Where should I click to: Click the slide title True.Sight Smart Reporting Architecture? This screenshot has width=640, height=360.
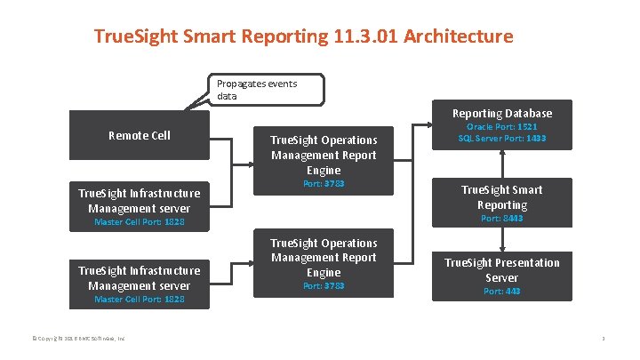303,37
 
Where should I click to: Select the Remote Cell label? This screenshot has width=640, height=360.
139,135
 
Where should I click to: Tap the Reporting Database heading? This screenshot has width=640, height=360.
501,113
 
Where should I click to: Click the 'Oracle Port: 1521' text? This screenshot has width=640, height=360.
502,127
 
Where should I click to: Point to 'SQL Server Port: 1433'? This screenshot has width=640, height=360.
502,139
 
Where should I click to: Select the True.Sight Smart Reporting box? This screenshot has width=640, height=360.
501,196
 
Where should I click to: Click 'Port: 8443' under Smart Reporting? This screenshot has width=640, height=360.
501,218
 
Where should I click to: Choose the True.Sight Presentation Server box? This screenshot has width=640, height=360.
501,270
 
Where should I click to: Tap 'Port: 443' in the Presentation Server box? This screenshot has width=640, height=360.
501,291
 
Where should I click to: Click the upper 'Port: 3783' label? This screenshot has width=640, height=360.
324,184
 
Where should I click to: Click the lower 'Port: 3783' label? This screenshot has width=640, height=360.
324,285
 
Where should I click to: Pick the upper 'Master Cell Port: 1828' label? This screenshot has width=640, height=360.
140,221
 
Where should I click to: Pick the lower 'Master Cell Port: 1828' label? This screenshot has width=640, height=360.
140,300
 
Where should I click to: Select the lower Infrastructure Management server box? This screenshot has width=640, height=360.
140,277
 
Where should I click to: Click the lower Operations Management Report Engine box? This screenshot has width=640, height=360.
324,257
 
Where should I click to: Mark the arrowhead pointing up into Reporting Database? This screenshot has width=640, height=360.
502,151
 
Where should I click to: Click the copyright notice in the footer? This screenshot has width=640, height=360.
79,339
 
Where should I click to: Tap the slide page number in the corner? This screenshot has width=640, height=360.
603,339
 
